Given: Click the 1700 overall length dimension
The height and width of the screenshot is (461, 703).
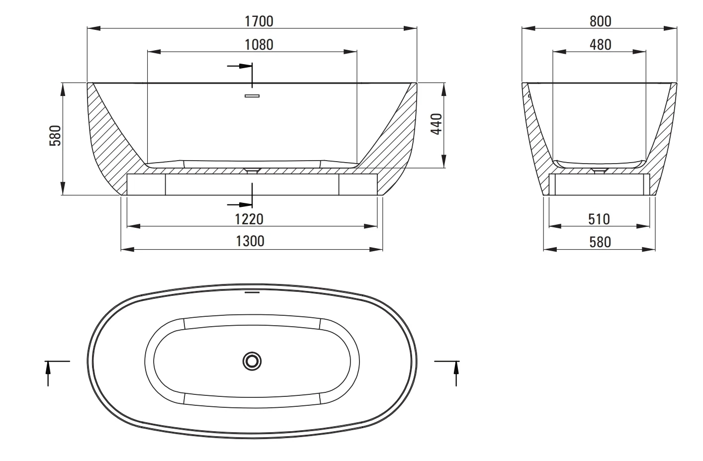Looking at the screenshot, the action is pyautogui.click(x=259, y=22).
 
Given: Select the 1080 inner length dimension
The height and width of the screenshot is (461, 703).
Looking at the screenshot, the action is pyautogui.click(x=259, y=45).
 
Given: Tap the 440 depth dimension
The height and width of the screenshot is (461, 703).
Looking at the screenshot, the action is pyautogui.click(x=437, y=124).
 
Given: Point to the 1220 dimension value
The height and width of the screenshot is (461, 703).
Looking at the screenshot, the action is pyautogui.click(x=249, y=219).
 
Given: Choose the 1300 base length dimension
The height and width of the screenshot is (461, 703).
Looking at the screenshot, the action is pyautogui.click(x=250, y=241).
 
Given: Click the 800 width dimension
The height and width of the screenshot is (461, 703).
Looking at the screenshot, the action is pyautogui.click(x=601, y=22).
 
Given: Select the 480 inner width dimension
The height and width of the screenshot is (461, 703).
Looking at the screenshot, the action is pyautogui.click(x=601, y=45).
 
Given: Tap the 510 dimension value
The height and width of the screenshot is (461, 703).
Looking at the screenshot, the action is pyautogui.click(x=599, y=219).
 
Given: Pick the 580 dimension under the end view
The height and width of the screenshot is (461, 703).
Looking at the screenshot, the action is pyautogui.click(x=600, y=242).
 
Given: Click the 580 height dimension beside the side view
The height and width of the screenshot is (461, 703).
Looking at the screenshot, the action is pyautogui.click(x=55, y=136).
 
